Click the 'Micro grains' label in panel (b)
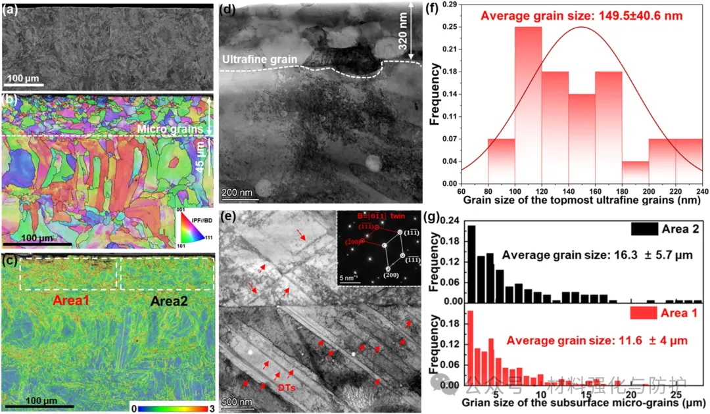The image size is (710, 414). point(170,129)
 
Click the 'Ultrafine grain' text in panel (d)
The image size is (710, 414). point(259,59)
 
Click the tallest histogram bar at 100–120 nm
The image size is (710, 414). point(528,105)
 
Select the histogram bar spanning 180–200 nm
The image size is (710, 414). point(634,172)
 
